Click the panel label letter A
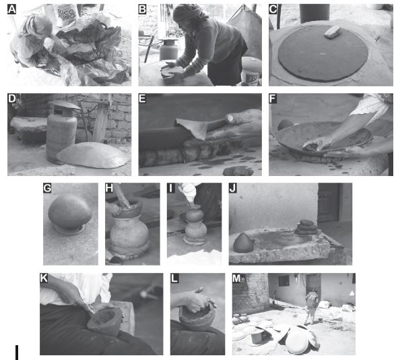(x=11, y=9)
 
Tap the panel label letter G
(x=47, y=188)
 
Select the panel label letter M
(x=236, y=278)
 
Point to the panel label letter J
(x=233, y=188)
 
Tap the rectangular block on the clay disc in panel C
(x=332, y=32)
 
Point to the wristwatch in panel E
(x=230, y=118)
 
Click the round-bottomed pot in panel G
(x=70, y=212)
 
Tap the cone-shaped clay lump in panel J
(x=243, y=243)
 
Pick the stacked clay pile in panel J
(x=306, y=227)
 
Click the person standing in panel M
(x=311, y=307)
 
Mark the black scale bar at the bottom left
(x=17, y=352)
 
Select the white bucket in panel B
(x=251, y=71)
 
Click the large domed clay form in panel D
(x=93, y=155)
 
